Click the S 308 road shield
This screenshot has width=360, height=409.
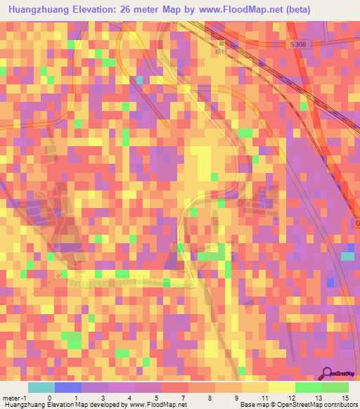click(300, 44)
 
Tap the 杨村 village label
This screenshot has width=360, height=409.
click(220, 51)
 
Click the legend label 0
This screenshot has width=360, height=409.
click(49, 397)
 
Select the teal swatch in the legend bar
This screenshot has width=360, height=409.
click(41, 387)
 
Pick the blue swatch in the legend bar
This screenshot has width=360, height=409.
click(67, 387)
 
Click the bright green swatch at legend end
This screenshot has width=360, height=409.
click(335, 387)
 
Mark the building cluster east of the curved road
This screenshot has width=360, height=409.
click(262, 204)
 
